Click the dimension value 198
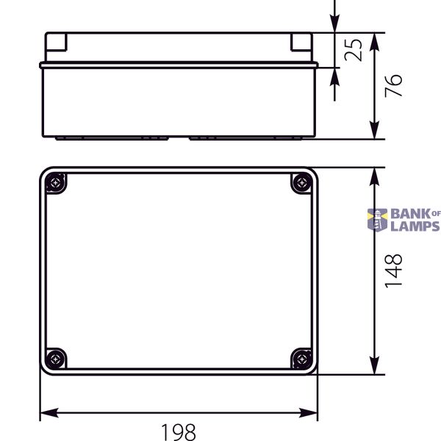pos(179,431)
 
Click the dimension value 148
pos(393,270)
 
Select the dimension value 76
pos(393,86)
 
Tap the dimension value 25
pos(353,50)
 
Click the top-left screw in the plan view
pos(56,183)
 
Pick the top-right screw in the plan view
pos(302,183)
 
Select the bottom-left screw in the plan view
pos(55,359)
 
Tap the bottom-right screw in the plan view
pos(302,359)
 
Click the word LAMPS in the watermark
pos(415,226)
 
